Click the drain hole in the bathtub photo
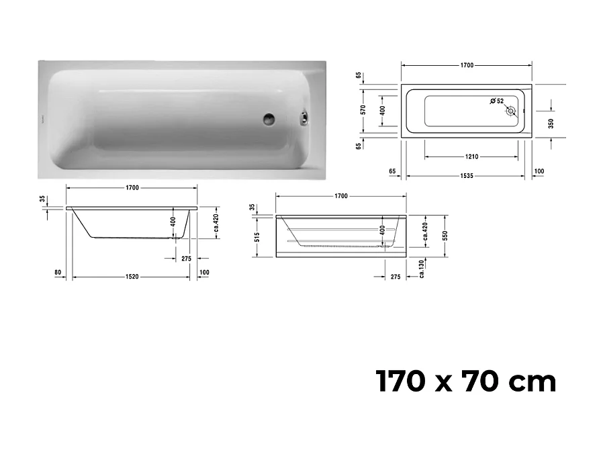point(269,120)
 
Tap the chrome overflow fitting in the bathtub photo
point(304,119)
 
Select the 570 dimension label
point(363,110)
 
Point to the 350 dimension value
point(550,124)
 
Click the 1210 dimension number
point(471,156)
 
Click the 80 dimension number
point(58,272)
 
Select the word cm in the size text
point(532,382)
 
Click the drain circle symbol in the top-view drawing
point(512,111)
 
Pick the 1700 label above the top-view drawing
point(467,66)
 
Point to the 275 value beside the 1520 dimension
point(186,258)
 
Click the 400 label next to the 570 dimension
point(383,110)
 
